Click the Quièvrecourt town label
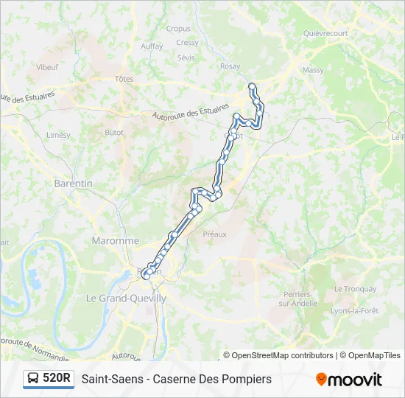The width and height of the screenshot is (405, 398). click(x=325, y=33)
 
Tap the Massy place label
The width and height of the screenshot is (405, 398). click(x=313, y=70)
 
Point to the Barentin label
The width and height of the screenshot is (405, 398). click(x=73, y=183)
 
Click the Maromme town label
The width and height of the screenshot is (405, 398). click(x=115, y=241)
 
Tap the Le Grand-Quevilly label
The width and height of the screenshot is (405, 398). click(x=126, y=298)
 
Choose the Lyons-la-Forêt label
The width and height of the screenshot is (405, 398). click(x=355, y=311)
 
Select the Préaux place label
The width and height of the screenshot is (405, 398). click(x=214, y=234)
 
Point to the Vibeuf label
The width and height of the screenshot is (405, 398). click(x=47, y=66)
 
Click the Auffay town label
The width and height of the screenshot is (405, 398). click(x=152, y=46)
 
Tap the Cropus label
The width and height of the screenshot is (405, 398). click(x=178, y=29)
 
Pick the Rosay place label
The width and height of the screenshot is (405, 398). click(x=230, y=66)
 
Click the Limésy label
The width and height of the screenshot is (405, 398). click(x=58, y=136)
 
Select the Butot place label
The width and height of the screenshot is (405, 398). click(x=114, y=133)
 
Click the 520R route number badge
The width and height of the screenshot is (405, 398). click(x=57, y=379)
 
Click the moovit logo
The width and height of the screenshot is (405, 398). click(x=349, y=380)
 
